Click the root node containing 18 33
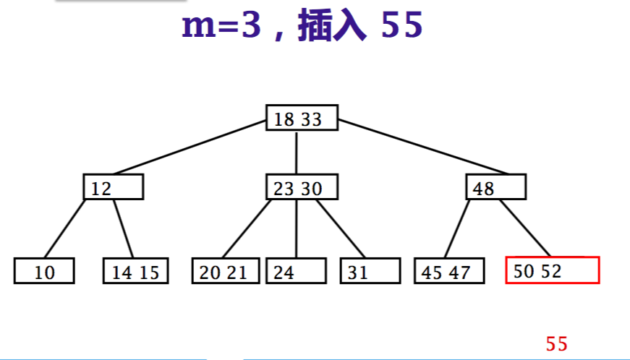tap(302, 119)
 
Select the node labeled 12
tap(113, 189)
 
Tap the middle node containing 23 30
tap(302, 189)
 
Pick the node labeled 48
tap(495, 189)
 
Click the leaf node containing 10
tap(44, 272)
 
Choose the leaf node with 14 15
tap(135, 272)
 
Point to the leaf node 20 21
tap(226, 272)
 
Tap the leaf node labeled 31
tap(370, 272)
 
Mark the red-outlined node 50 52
tap(552, 270)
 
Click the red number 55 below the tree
tap(557, 344)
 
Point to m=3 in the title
tap(221, 27)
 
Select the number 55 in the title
tap(402, 27)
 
